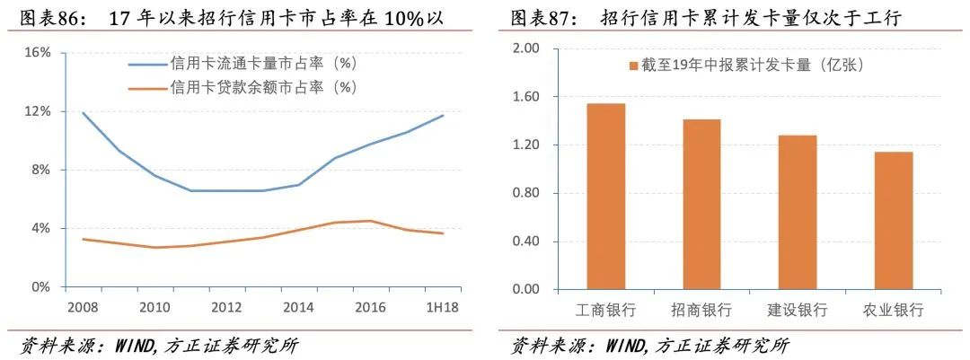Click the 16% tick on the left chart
pyautogui.click(x=37, y=53)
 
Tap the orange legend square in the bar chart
pyautogui.click(x=632, y=65)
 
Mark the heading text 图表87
pyautogui.click(x=542, y=18)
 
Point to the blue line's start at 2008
pyautogui.click(x=83, y=113)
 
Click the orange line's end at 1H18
pyautogui.click(x=443, y=233)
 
